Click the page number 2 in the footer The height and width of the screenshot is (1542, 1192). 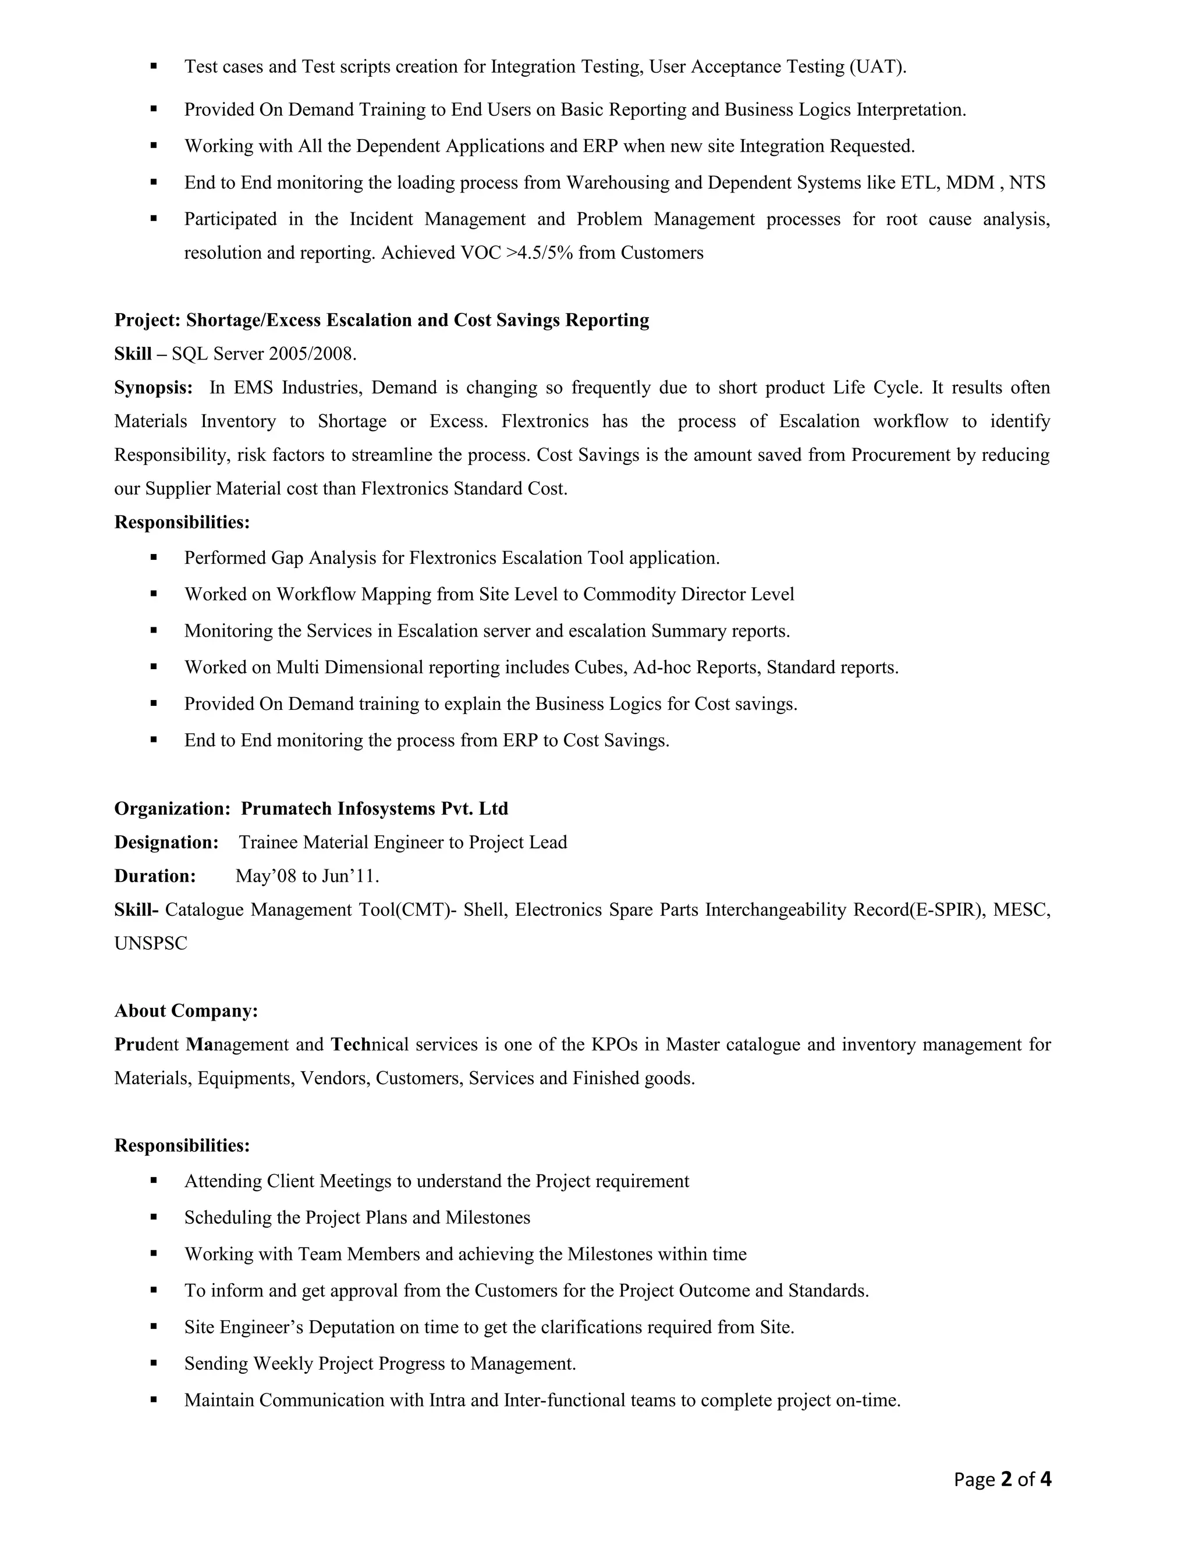[x=1007, y=1479]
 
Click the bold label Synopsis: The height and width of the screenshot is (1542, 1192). [x=153, y=388]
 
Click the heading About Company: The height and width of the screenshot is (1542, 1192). [x=186, y=1011]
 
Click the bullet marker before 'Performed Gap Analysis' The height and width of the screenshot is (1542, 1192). [x=153, y=558]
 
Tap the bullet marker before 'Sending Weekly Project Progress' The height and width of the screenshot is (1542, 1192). [x=153, y=1363]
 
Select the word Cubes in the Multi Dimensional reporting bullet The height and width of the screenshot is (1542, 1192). [x=600, y=667]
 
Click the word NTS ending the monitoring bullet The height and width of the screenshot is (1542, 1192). [x=1027, y=183]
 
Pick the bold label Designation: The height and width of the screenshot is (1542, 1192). [x=166, y=843]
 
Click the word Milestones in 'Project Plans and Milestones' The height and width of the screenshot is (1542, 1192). [x=487, y=1218]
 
